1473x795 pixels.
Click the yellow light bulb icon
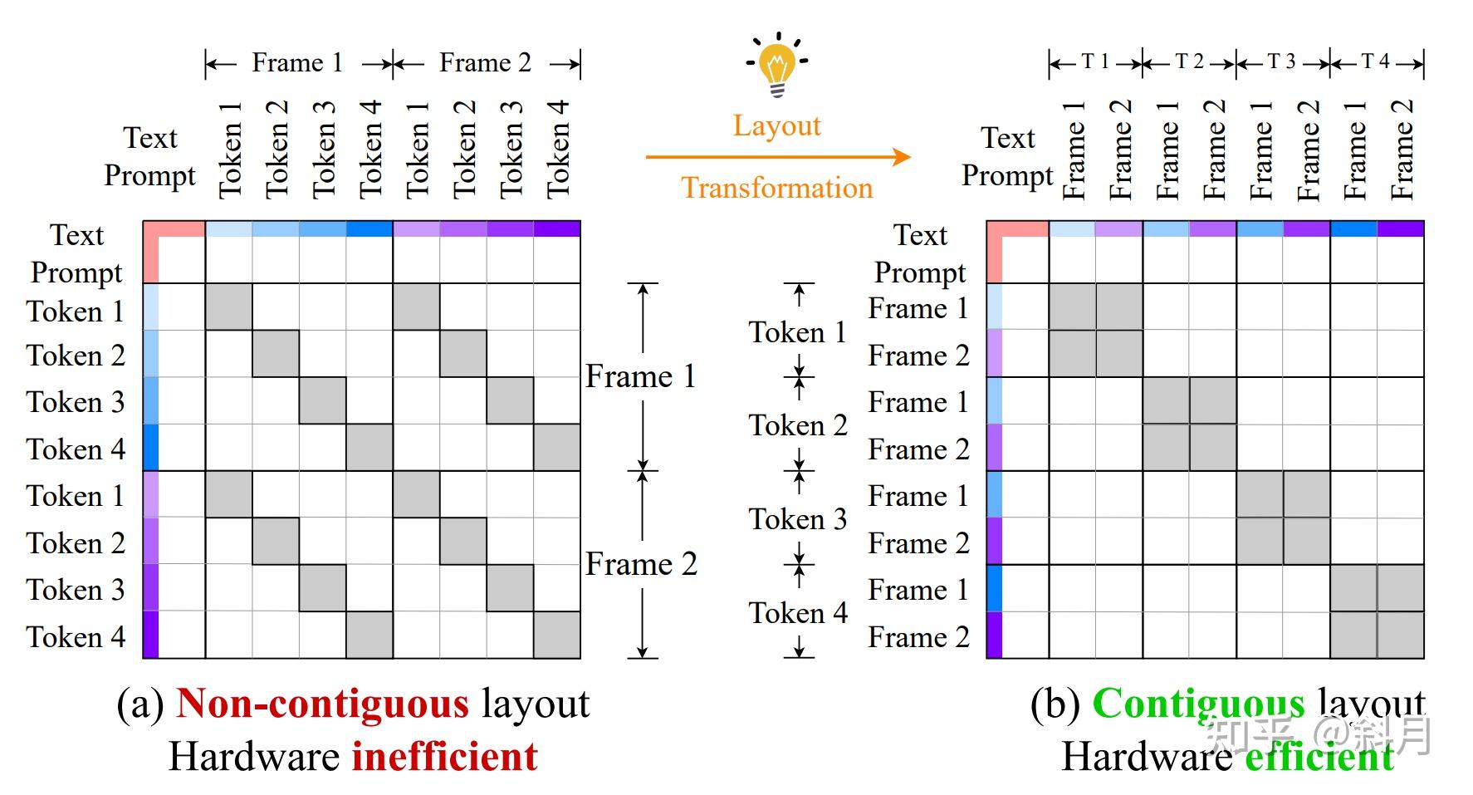coord(777,66)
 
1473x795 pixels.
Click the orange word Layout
coord(776,125)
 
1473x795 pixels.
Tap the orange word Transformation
coord(776,188)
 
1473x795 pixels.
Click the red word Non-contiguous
coord(323,704)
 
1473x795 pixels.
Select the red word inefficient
coord(444,757)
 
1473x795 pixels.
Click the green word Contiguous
coord(1198,704)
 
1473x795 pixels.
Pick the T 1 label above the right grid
coord(1095,62)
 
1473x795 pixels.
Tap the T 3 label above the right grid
coord(1282,62)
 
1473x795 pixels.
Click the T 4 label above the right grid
coord(1376,62)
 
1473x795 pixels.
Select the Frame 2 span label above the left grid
coord(485,63)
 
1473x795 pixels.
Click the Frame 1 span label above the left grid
coord(297,63)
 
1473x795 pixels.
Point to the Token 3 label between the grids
coord(798,519)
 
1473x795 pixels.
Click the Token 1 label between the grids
coord(798,332)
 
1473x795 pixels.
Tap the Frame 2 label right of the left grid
coord(641,564)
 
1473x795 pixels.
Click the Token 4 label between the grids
coord(798,613)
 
